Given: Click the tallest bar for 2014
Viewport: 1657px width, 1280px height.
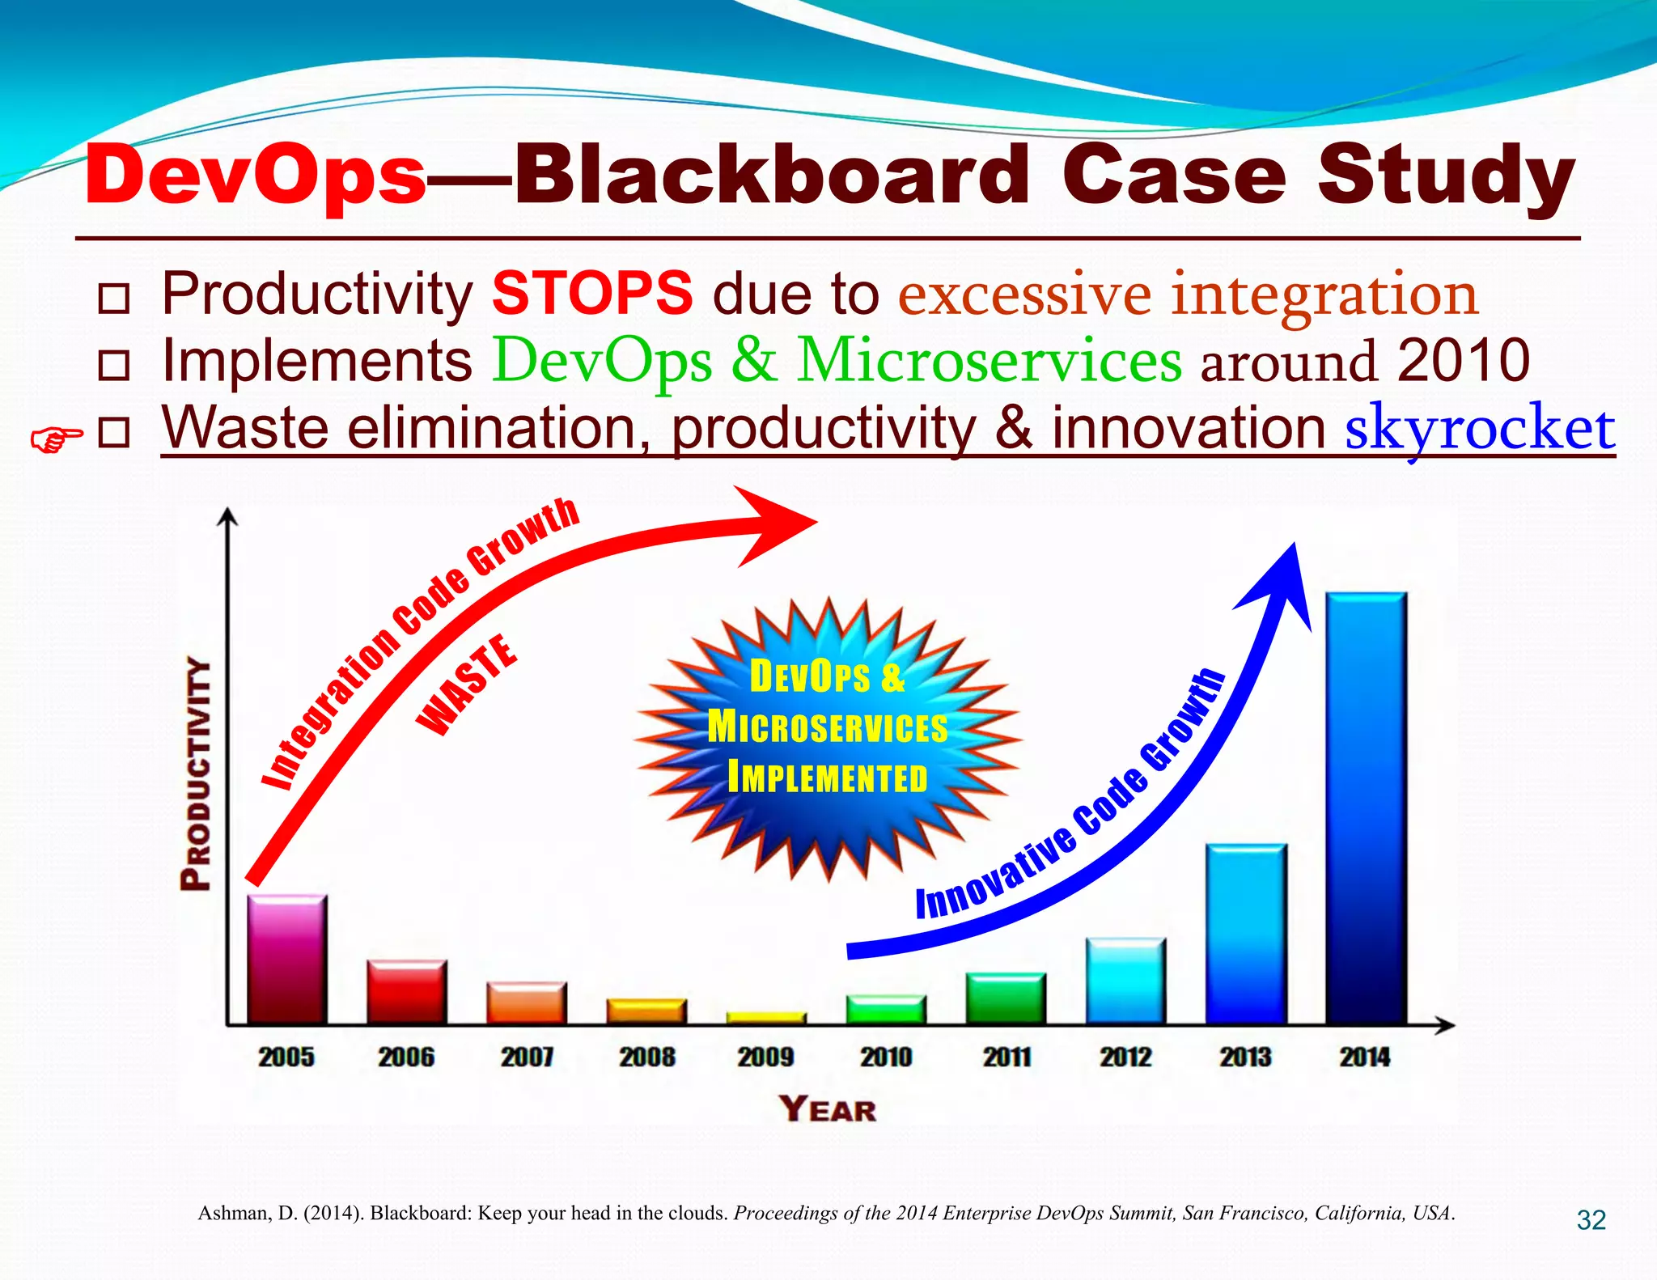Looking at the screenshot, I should tap(1367, 809).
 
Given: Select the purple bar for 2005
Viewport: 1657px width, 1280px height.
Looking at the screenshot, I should tap(287, 960).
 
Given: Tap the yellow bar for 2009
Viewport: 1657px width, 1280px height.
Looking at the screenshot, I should tap(766, 1018).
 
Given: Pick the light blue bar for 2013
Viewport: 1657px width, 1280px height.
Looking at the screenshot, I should tap(1246, 935).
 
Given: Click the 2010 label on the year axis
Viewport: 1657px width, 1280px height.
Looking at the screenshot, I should tap(886, 1057).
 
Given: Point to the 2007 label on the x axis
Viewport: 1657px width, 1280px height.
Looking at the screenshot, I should tap(527, 1057).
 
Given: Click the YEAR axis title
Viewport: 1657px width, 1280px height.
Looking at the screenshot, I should tap(828, 1109).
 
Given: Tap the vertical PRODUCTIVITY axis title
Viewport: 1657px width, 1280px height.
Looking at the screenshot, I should tap(196, 774).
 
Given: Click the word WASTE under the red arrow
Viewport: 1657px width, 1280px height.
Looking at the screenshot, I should tap(467, 685).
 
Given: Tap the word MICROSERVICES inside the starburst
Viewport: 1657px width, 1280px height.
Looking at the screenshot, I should tap(828, 727).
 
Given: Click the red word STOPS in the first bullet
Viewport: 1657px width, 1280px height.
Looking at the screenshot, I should tap(592, 293).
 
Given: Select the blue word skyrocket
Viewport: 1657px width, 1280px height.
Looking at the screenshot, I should tap(1479, 428).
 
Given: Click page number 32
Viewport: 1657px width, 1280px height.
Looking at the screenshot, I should tap(1591, 1219).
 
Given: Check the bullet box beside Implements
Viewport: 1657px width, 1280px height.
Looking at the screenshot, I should tap(113, 365).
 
